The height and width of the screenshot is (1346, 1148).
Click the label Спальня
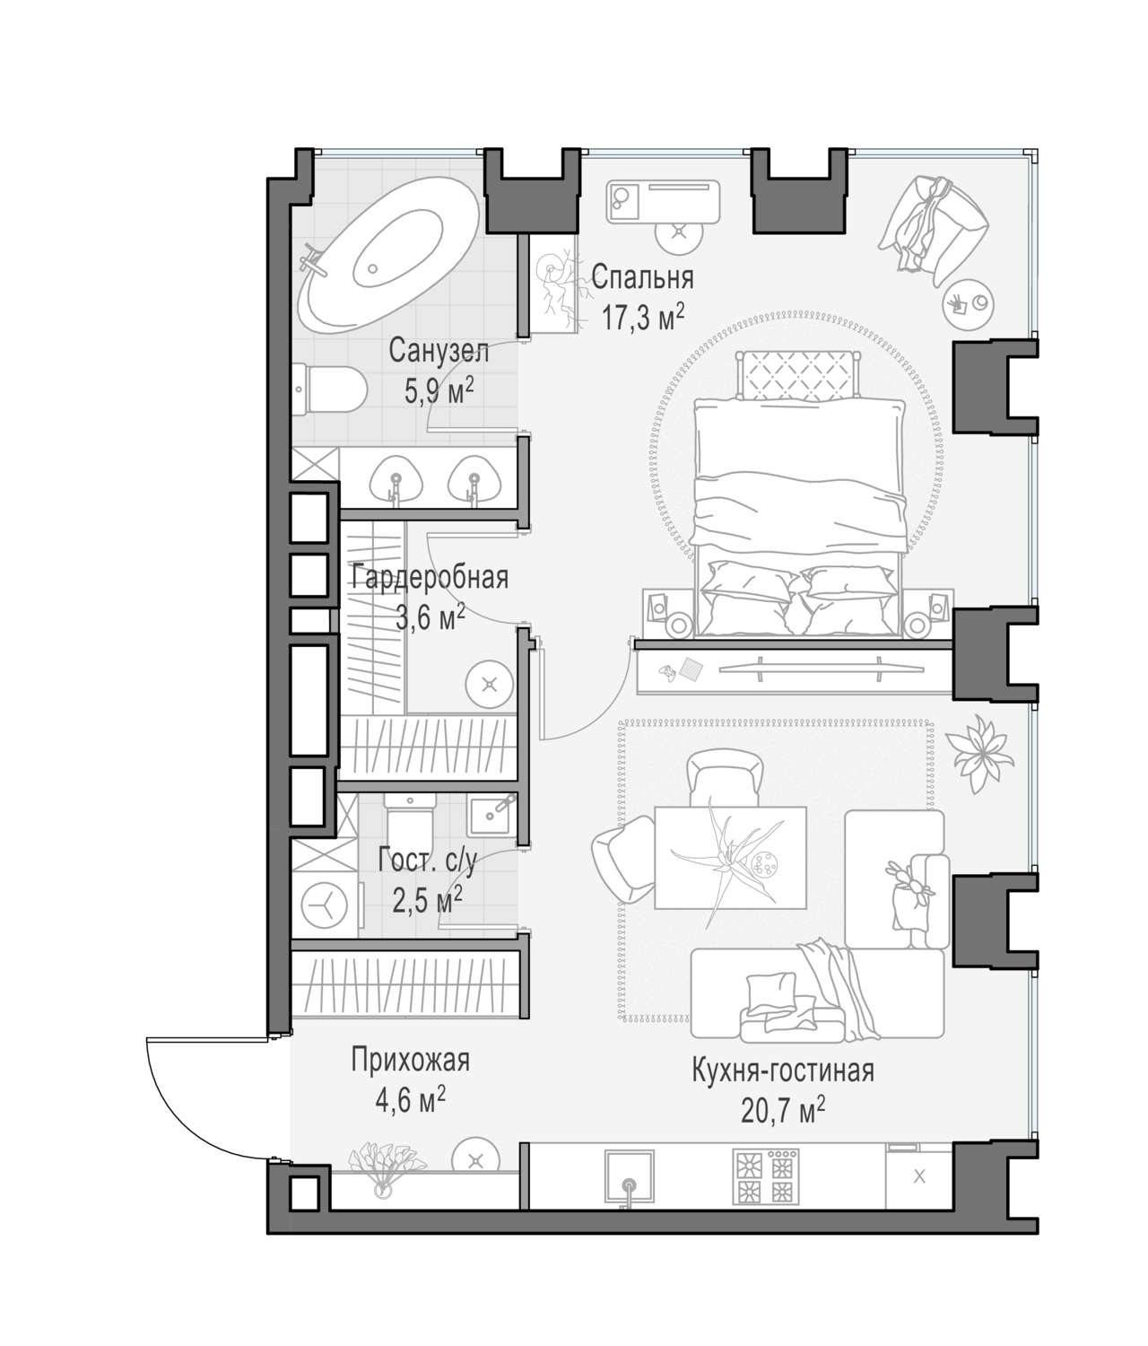tap(642, 278)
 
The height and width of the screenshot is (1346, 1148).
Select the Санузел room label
tap(439, 352)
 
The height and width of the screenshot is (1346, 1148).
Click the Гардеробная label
tap(430, 577)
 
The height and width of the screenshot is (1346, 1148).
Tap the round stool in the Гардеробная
tap(490, 685)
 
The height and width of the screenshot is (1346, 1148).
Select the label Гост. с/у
tap(428, 861)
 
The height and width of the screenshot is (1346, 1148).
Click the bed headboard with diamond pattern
tap(798, 376)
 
